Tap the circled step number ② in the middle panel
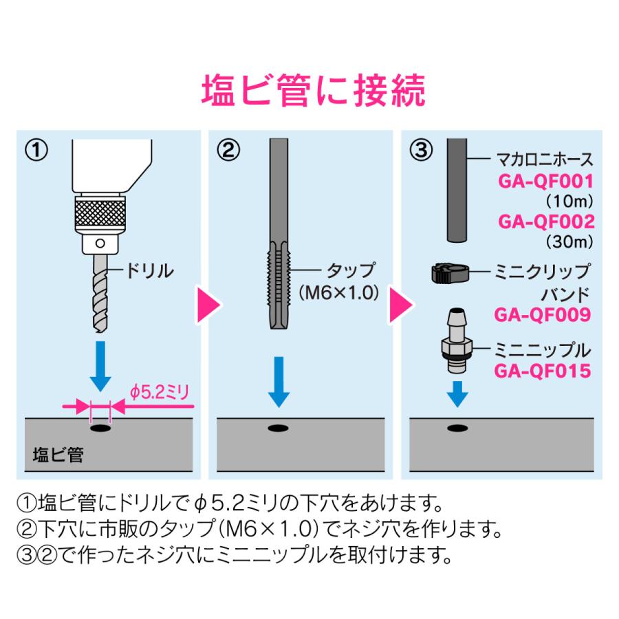click(230, 150)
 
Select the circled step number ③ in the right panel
click(422, 150)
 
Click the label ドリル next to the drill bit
click(148, 270)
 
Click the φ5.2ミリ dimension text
click(158, 393)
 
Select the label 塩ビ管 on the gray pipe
click(58, 455)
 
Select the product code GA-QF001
click(545, 182)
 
